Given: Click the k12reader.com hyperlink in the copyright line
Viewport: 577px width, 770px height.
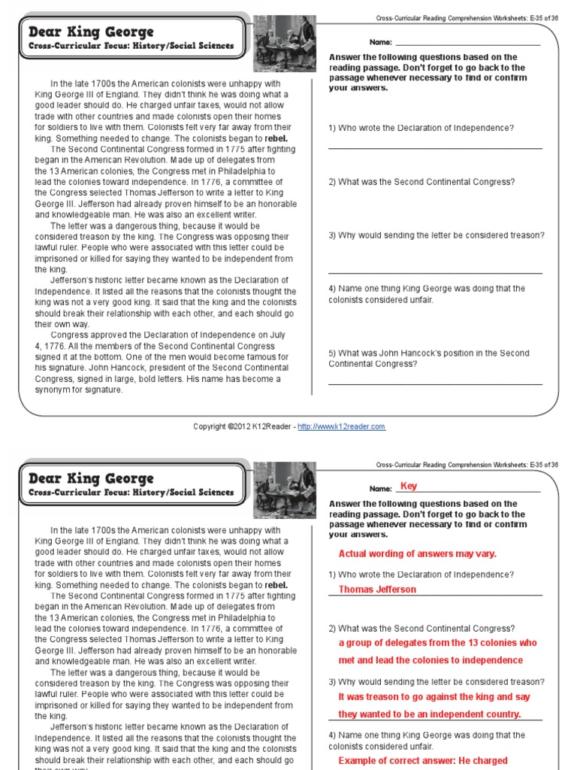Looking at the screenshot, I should point(341,426).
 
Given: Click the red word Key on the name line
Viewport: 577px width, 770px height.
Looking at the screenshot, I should point(409,486).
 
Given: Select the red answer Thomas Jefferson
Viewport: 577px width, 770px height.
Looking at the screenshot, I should point(377,590).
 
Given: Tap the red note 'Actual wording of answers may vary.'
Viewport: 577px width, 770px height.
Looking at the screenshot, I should point(417,553).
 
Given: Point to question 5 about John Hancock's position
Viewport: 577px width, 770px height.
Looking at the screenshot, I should point(428,358).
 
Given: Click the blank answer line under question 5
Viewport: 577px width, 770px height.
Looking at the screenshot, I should point(435,384).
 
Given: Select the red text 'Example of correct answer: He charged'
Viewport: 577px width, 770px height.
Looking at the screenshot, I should point(423,760).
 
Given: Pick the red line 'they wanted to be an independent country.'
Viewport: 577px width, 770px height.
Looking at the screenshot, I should point(429,714).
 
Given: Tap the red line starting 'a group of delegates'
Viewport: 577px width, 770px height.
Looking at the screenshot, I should point(437,643).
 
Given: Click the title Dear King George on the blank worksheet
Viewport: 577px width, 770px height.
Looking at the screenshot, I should point(91,32).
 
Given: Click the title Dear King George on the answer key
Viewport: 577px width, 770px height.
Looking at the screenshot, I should point(91,478).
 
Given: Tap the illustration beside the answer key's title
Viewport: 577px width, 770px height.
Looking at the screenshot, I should point(284,490).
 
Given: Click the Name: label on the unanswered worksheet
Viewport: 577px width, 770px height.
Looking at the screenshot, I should point(381,42).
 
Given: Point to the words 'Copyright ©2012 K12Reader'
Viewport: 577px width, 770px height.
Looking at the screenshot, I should point(243,426).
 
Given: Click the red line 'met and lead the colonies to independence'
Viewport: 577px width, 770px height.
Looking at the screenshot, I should point(430,660).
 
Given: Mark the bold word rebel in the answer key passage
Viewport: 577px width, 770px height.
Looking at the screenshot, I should point(276,585).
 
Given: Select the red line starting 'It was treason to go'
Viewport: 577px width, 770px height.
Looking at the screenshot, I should point(434,697).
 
